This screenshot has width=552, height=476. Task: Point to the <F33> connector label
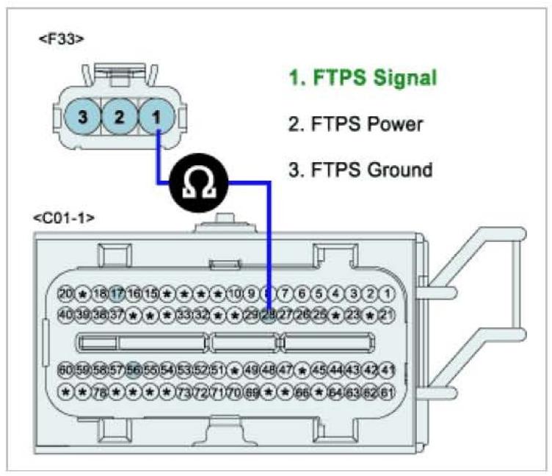tap(61, 40)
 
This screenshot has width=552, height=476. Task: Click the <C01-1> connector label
tap(64, 217)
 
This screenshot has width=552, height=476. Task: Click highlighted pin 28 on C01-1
tap(269, 314)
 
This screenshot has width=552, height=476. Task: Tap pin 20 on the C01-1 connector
tap(66, 294)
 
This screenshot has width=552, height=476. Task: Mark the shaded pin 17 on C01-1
tap(116, 294)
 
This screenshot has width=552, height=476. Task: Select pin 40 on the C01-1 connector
tap(66, 314)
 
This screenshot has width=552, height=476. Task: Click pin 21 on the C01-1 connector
tap(388, 314)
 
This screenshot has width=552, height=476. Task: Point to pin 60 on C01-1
tap(66, 369)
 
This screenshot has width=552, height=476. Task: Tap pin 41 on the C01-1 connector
tap(388, 369)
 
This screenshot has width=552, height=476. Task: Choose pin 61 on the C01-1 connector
tap(388, 390)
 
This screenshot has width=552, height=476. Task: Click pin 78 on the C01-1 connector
tap(100, 390)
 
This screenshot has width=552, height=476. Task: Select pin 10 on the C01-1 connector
tap(235, 294)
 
